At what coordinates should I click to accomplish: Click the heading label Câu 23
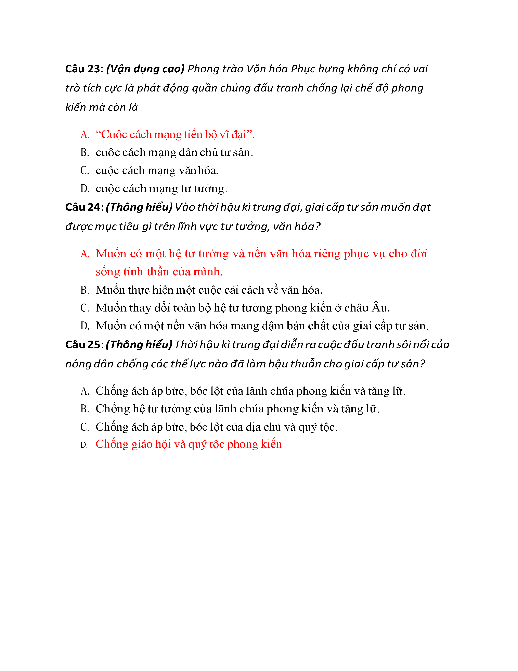coord(82,69)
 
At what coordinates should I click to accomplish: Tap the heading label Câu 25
coord(82,344)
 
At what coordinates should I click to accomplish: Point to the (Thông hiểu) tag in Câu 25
coord(139,344)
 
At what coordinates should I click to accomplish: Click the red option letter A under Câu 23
coord(85,135)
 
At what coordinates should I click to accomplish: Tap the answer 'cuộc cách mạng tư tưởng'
coord(161,189)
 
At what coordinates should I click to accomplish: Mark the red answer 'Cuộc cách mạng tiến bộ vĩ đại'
coord(175,135)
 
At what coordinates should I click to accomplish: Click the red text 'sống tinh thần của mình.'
coord(159,272)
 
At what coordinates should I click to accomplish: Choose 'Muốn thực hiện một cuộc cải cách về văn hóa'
coord(209,290)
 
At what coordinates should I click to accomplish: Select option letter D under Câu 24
coord(85,326)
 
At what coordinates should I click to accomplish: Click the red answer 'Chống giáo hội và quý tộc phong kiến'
coord(189,444)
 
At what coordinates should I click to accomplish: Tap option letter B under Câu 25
coord(85,409)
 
